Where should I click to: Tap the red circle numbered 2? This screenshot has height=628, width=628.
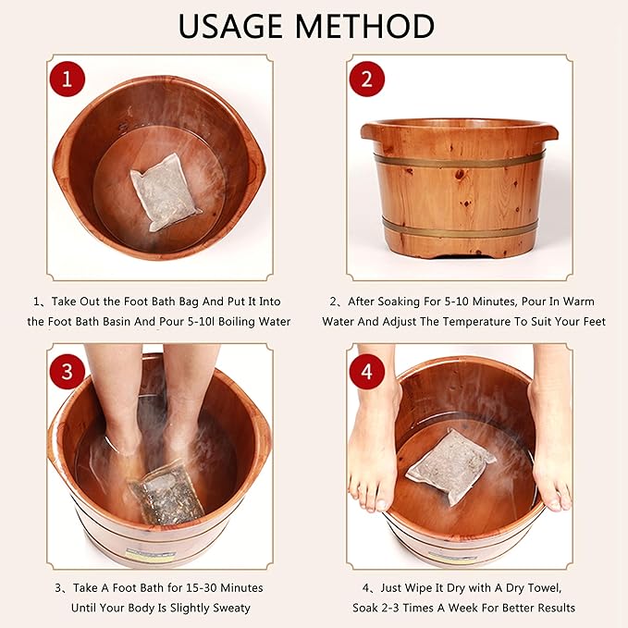click(367, 80)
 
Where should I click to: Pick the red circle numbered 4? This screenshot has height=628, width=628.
click(367, 371)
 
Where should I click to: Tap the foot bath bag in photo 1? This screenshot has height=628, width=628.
click(165, 191)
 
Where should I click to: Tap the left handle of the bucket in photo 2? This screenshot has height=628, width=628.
click(368, 131)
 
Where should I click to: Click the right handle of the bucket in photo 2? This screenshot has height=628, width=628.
click(551, 131)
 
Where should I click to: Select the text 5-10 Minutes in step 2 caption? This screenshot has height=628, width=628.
click(467, 302)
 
